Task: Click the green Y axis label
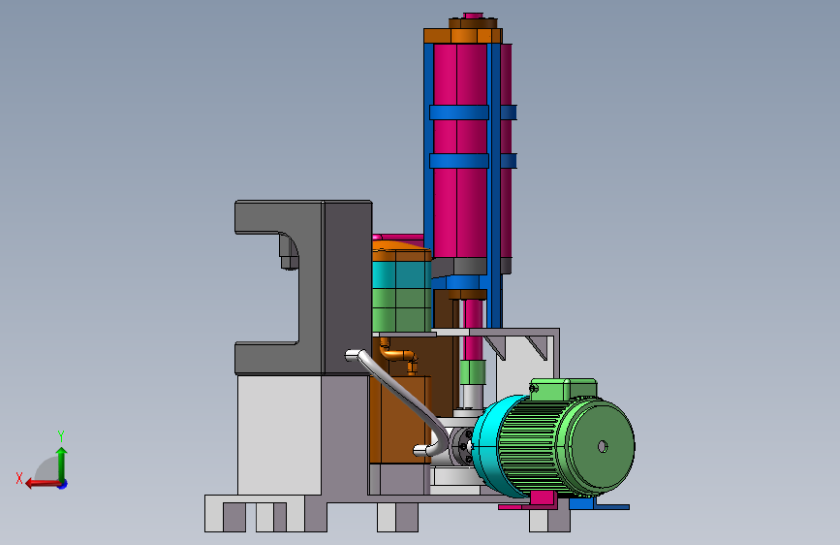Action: tap(61, 435)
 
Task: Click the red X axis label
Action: tap(19, 478)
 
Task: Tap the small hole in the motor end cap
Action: tap(602, 446)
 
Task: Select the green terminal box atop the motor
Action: tap(563, 390)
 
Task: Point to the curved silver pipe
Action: tap(402, 400)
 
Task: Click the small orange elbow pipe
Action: tap(399, 355)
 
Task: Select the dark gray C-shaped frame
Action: tap(303, 287)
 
